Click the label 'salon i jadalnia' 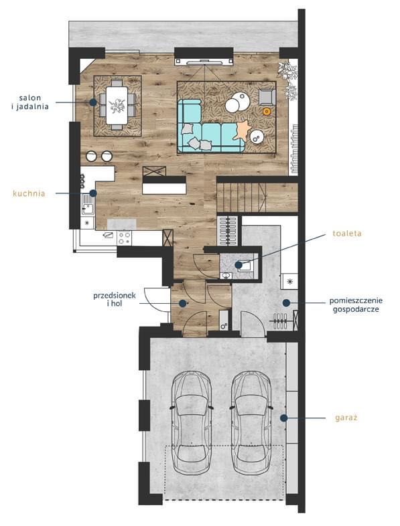tap(30, 102)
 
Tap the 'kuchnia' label tap(29, 193)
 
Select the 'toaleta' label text tap(347, 234)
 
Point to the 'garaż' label tap(346, 418)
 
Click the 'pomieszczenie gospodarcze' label tap(356, 304)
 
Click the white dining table tap(117, 105)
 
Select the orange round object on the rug tap(267, 111)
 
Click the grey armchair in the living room tap(267, 97)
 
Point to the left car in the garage tap(192, 422)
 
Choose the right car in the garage tap(251, 422)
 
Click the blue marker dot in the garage tap(284, 418)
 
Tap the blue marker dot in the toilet tap(239, 265)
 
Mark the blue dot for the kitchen tap(93, 193)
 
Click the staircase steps tap(242, 197)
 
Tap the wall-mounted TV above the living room tap(204, 62)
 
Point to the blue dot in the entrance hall tap(182, 303)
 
